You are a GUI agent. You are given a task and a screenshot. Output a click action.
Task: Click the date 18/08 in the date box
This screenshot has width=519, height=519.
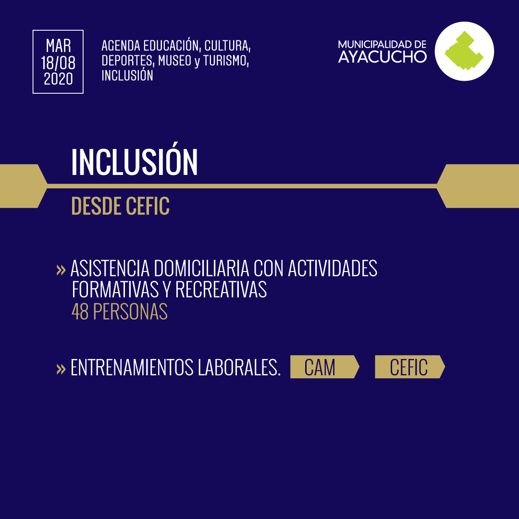(58, 62)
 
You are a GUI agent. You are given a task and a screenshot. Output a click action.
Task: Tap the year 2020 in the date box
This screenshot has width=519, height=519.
(58, 79)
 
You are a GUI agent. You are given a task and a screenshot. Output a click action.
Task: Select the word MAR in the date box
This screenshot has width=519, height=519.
(58, 46)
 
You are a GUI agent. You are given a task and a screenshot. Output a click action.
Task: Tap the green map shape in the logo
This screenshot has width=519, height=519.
(464, 50)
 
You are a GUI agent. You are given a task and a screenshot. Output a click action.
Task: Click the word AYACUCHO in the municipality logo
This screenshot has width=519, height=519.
(383, 57)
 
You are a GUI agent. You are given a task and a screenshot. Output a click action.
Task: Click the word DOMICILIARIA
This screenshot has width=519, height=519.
(201, 268)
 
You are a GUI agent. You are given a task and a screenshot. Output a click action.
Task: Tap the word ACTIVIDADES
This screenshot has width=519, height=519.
(333, 268)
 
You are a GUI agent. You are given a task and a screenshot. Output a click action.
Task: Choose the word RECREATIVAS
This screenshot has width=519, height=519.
(221, 290)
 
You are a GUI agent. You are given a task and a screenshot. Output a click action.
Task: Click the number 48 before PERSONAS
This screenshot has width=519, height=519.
(80, 311)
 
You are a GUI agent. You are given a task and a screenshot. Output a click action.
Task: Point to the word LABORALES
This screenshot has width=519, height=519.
(239, 368)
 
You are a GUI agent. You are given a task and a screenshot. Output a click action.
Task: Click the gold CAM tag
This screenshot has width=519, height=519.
(325, 367)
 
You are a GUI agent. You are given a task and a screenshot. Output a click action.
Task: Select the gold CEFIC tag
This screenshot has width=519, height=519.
(410, 367)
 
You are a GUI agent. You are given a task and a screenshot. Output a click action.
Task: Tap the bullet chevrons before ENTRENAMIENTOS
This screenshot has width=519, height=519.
(61, 369)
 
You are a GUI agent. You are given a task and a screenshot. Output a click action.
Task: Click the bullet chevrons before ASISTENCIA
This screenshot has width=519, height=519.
(61, 270)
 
